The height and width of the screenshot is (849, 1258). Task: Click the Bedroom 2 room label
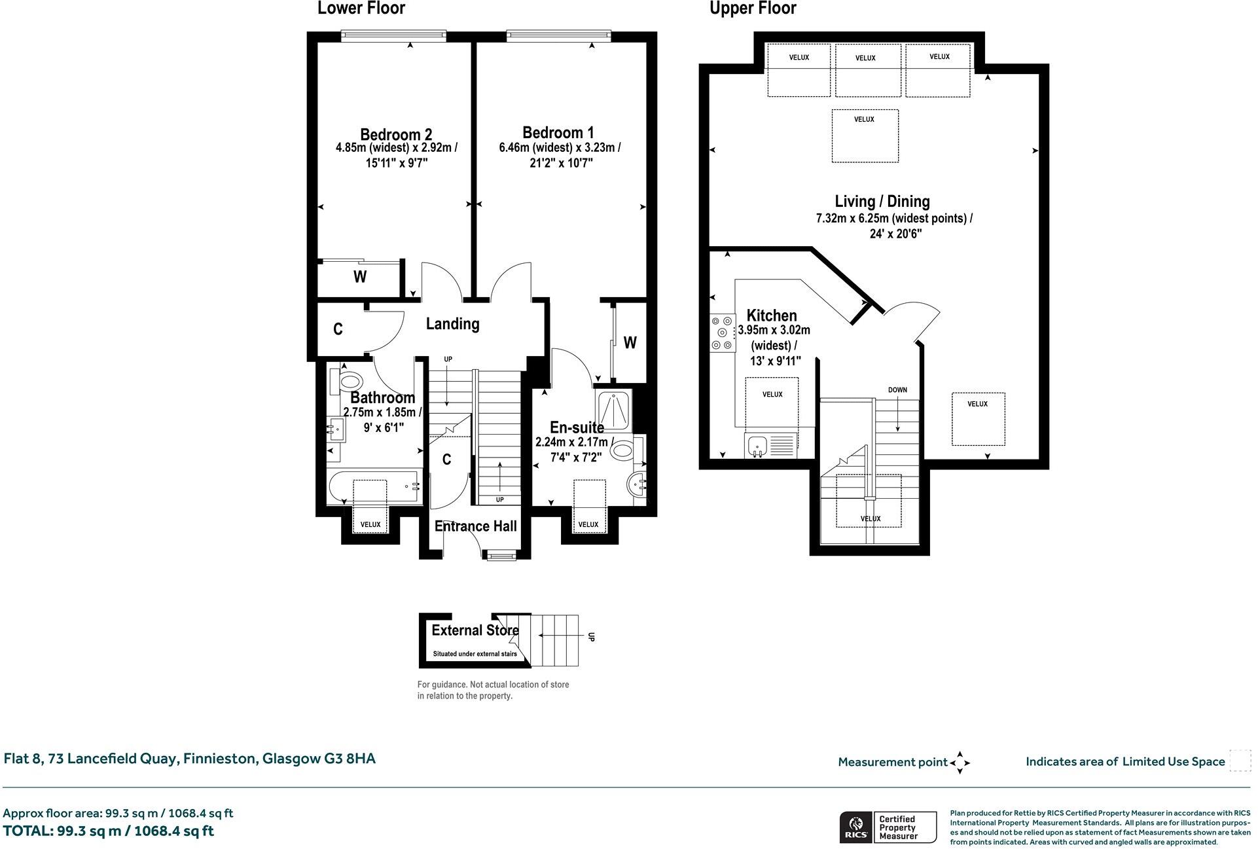[395, 134]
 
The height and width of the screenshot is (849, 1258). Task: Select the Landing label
[452, 323]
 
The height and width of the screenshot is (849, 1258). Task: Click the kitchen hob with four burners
[723, 333]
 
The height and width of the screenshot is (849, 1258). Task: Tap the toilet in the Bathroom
[350, 382]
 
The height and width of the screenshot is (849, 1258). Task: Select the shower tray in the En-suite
[614, 409]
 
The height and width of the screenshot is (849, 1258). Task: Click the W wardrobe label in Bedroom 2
[360, 277]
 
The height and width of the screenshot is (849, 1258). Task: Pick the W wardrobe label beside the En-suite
[630, 342]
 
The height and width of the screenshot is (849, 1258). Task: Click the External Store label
[475, 630]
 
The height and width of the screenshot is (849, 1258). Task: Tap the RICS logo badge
[855, 827]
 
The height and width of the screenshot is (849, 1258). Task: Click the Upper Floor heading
[753, 9]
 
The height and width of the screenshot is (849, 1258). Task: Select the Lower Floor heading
[361, 9]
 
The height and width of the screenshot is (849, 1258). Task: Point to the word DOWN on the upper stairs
[897, 390]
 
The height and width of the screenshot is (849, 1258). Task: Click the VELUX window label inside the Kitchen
[772, 395]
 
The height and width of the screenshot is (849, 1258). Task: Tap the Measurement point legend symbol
[960, 763]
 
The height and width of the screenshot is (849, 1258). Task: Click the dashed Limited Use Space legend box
[1240, 761]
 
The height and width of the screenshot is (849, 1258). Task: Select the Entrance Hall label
[475, 526]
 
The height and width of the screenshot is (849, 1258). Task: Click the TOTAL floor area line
[109, 831]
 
